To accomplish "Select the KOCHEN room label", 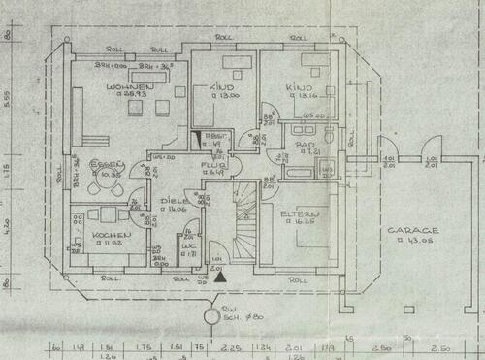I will coord(105,236).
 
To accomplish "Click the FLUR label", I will coord(212,165).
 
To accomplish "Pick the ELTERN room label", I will coord(297,213).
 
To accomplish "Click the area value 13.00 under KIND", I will coord(227,96).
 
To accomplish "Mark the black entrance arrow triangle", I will coord(222,278).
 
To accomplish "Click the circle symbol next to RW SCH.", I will coord(210,316).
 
